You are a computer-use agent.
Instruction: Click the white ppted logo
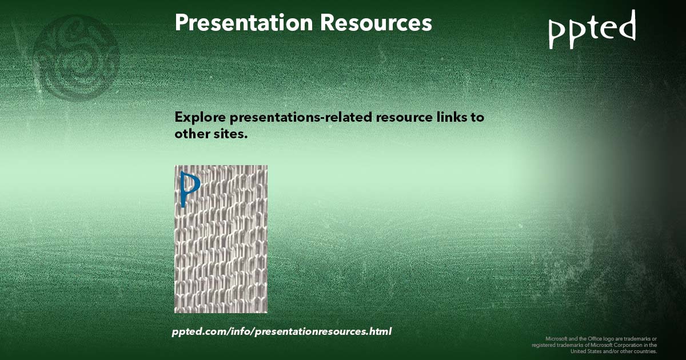click(x=592, y=29)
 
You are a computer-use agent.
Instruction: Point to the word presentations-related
click(x=301, y=118)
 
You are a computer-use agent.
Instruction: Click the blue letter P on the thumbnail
click(x=189, y=187)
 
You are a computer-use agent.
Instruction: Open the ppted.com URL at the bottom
click(x=281, y=331)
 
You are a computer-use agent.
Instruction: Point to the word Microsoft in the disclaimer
click(x=557, y=338)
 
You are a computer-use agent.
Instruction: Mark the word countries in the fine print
click(x=644, y=351)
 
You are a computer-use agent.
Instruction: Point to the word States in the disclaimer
click(x=589, y=351)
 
